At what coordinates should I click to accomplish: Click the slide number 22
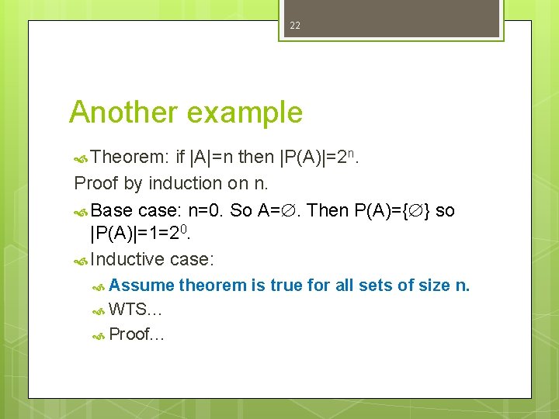coord(295,26)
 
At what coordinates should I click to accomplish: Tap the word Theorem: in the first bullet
coord(130,158)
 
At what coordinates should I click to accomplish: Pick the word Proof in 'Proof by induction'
coord(93,183)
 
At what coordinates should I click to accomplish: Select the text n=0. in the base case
coord(207,209)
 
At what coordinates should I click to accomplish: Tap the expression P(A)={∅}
coord(392,209)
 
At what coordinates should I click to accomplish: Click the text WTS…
coord(135,310)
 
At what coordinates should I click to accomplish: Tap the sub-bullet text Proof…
coord(137,334)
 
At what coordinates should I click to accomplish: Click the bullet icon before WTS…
coord(99,310)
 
